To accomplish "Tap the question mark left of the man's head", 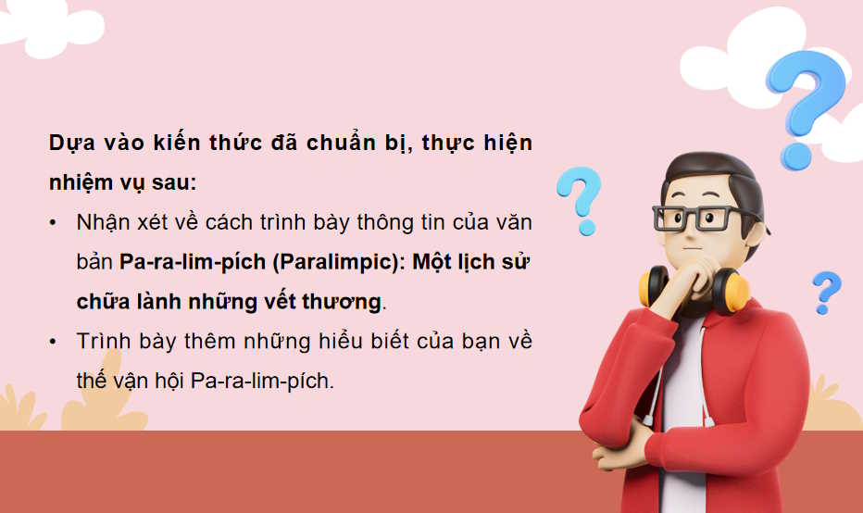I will (x=579, y=198).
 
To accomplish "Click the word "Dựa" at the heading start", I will (x=69, y=144).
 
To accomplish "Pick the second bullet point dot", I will (x=55, y=341).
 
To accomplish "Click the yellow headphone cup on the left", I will (x=656, y=288).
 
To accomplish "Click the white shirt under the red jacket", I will (x=682, y=389).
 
